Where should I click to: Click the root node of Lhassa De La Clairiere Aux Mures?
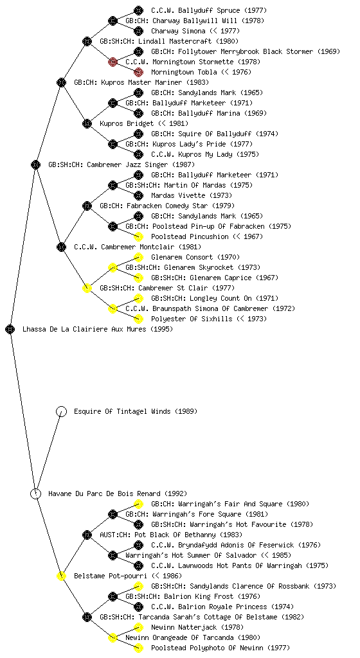[x=10, y=330]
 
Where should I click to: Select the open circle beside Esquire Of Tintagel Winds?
[x=61, y=412]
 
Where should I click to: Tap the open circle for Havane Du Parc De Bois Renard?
[x=35, y=494]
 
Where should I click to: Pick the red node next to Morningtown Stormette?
[x=113, y=62]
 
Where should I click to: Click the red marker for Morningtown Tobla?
[x=138, y=72]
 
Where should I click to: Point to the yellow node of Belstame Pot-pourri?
[x=61, y=576]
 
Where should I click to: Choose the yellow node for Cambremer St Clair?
[x=87, y=289]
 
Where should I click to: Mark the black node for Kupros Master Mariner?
[x=61, y=83]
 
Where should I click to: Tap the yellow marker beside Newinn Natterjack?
[x=138, y=627]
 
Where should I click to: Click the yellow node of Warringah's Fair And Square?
[x=138, y=504]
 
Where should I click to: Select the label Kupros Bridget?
[x=127, y=124]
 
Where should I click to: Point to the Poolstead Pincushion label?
[x=190, y=236]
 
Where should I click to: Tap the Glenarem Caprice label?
[x=221, y=278]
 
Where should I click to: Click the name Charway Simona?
[x=178, y=31]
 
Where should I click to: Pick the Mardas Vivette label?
[x=178, y=195]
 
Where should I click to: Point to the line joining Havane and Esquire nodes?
[x=49, y=453]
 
